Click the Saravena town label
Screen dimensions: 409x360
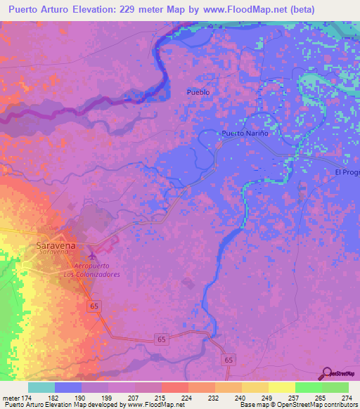tap(56, 246)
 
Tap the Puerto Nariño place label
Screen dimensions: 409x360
tap(245, 133)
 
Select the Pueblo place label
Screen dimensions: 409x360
tap(198, 92)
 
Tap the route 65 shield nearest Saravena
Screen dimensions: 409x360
tap(94, 306)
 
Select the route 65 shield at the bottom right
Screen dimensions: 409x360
tap(229, 360)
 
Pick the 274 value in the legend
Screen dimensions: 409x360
tap(345, 398)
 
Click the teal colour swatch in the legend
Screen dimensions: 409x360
tap(41, 387)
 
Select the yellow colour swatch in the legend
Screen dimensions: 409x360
tap(281, 387)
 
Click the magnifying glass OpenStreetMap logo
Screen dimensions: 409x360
tap(326, 373)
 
